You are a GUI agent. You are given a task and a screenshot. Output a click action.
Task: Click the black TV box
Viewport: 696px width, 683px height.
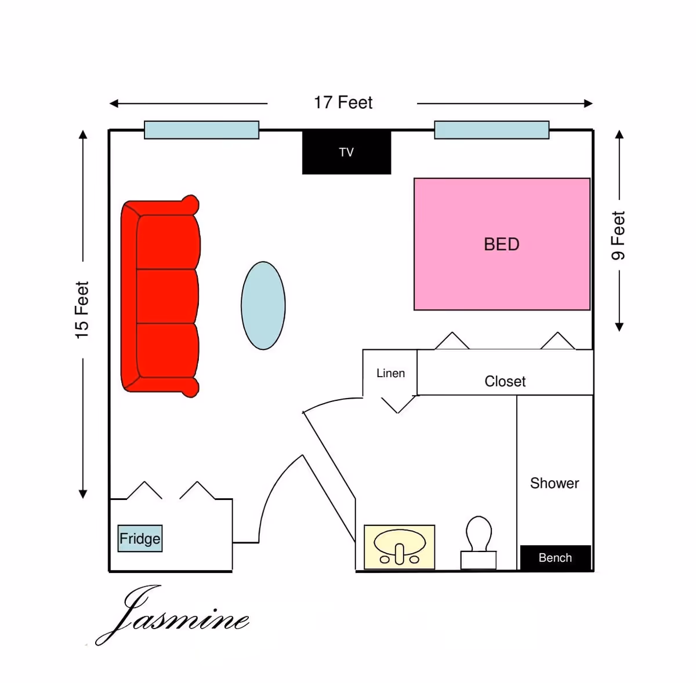tap(346, 152)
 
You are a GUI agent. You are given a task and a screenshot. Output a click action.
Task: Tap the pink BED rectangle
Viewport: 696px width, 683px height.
tap(502, 244)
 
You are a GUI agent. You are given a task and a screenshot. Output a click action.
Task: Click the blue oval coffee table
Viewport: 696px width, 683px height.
tap(263, 305)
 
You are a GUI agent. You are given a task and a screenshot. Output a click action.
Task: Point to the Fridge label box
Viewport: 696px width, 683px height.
tap(140, 538)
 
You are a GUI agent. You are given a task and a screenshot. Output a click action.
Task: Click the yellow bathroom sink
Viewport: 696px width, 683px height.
tap(399, 547)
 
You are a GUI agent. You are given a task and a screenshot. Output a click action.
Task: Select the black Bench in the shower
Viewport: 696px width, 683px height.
tap(555, 558)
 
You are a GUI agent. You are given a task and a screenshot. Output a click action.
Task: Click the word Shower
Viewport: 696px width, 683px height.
tap(554, 483)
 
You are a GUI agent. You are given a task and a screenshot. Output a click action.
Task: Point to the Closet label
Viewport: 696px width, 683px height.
tap(505, 381)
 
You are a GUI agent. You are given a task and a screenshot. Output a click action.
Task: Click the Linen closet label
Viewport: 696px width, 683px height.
tap(390, 373)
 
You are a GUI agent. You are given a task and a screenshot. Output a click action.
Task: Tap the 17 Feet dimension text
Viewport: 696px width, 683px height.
tap(343, 103)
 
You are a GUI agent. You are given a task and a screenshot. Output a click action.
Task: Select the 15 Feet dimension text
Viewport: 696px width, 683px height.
tap(82, 310)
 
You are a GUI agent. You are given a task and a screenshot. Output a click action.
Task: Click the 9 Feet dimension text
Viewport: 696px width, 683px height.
tap(618, 235)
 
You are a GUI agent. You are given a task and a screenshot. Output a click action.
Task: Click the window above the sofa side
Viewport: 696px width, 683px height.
tap(201, 130)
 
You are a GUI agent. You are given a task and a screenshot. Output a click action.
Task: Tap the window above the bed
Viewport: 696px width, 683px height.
tap(491, 130)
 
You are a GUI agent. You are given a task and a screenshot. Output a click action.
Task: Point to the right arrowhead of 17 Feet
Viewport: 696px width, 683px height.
tap(589, 104)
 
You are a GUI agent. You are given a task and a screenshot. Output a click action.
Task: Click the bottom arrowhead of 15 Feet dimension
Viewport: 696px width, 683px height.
tap(83, 494)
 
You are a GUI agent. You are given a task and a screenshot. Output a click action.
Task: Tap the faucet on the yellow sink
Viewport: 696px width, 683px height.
tap(399, 553)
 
